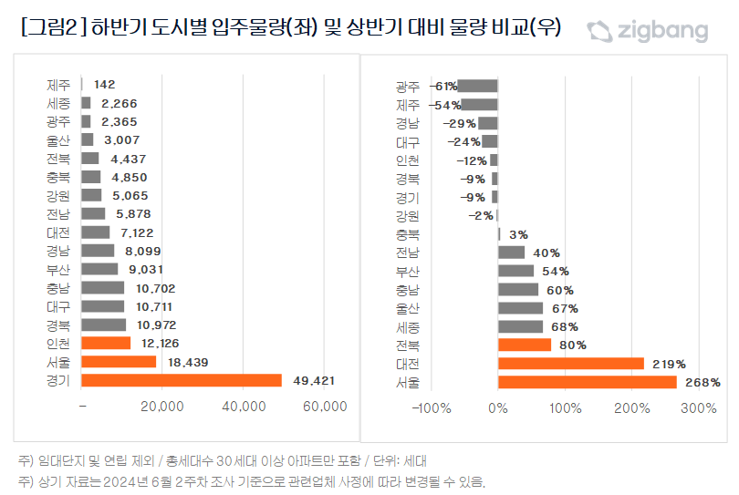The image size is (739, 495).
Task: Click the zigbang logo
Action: pyautogui.click(x=647, y=32)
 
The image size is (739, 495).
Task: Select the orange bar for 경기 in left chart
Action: pyautogui.click(x=182, y=380)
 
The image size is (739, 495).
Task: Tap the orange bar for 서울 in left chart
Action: pyautogui.click(x=119, y=362)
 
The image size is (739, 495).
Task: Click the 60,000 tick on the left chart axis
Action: pyautogui.click(x=325, y=407)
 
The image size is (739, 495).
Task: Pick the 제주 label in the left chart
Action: pyautogui.click(x=58, y=85)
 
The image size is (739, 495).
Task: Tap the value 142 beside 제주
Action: pyautogui.click(x=104, y=85)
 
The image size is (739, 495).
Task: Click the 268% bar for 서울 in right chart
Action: pyautogui.click(x=588, y=382)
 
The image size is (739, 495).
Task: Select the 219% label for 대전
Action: pyautogui.click(x=668, y=364)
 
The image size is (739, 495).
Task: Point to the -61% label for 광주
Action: pyautogui.click(x=443, y=87)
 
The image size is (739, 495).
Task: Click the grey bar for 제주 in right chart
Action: pyautogui.click(x=479, y=105)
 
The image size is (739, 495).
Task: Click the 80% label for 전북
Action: pyautogui.click(x=573, y=345)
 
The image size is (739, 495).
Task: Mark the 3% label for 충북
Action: pyautogui.click(x=519, y=234)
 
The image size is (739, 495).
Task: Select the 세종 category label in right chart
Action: pyautogui.click(x=408, y=326)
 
